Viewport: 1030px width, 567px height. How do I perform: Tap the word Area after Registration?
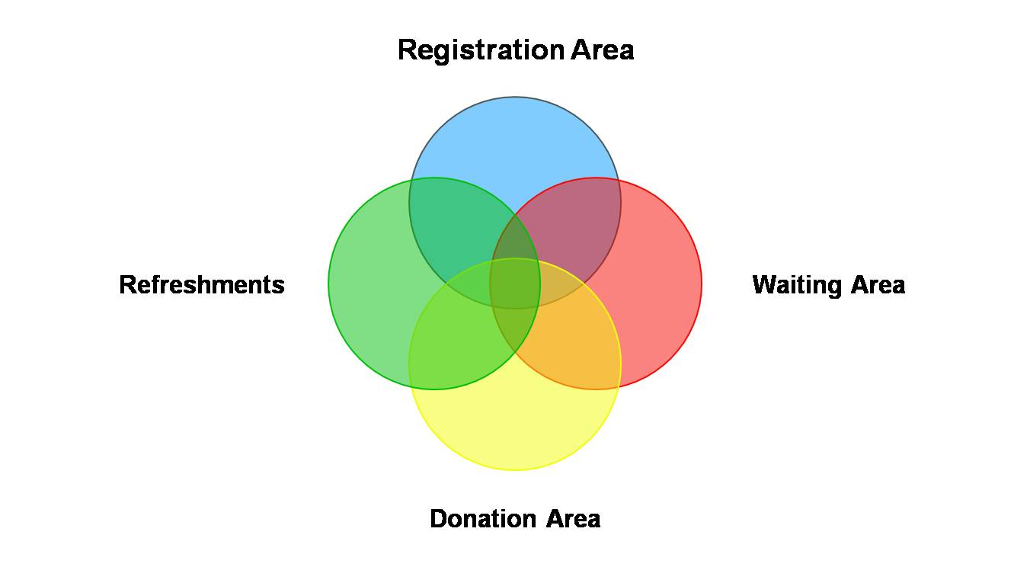[x=603, y=50]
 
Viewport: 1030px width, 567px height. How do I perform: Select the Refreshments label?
[x=202, y=285]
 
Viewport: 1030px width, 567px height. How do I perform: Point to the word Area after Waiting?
[x=878, y=285]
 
